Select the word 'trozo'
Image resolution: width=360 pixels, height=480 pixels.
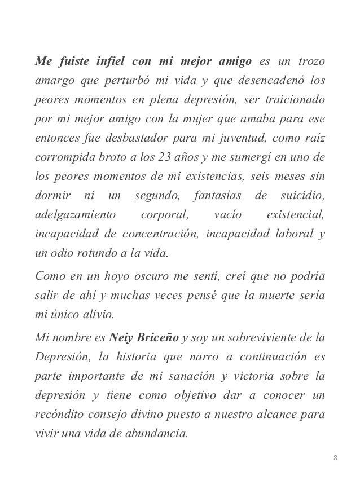click(x=310, y=61)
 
